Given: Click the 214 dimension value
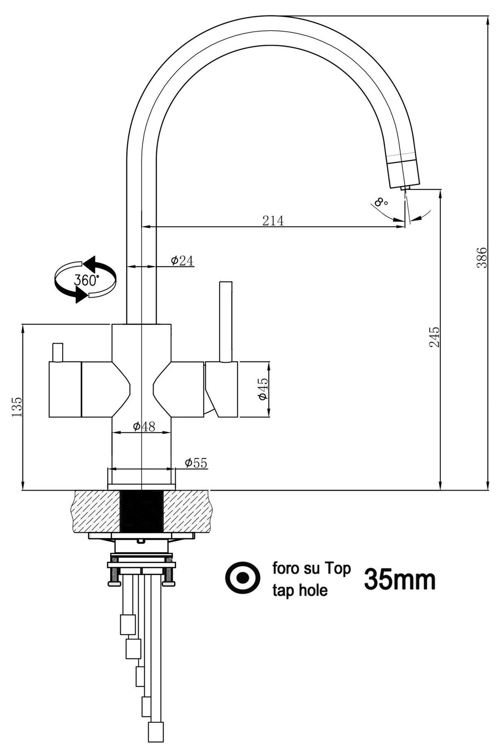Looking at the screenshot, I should point(273,221).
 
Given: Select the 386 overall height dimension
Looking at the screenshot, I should point(482,258).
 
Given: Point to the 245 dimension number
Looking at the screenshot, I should point(434,337).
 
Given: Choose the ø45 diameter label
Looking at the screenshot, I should point(263,389).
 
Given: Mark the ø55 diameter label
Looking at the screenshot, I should point(196,463).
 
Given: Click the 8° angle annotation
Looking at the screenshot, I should point(380,202).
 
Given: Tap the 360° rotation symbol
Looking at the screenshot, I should point(85,279).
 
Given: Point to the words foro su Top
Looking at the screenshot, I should point(311,568).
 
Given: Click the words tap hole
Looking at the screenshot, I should point(300,590).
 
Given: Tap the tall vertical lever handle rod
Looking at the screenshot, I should point(225,321).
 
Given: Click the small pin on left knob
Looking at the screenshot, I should point(57,352).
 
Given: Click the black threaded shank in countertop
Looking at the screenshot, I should point(141,511).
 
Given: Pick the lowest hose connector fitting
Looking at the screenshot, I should point(156,732).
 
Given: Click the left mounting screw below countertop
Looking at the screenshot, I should point(113,576).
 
